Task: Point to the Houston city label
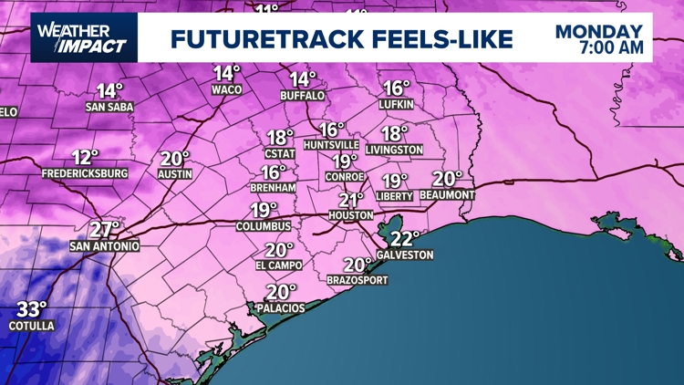pos(351,215)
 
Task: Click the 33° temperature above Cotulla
pos(32,310)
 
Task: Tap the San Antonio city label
pos(105,246)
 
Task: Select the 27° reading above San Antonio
pos(105,230)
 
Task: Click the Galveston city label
pos(405,255)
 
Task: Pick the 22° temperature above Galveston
pos(404,239)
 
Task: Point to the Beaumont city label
pos(449,195)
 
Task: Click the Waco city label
pos(226,89)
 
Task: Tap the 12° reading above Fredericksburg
pos(86,157)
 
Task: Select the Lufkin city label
pos(397,105)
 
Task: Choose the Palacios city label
pos(281,308)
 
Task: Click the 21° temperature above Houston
pos(352,200)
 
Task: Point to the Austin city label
pos(175,173)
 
